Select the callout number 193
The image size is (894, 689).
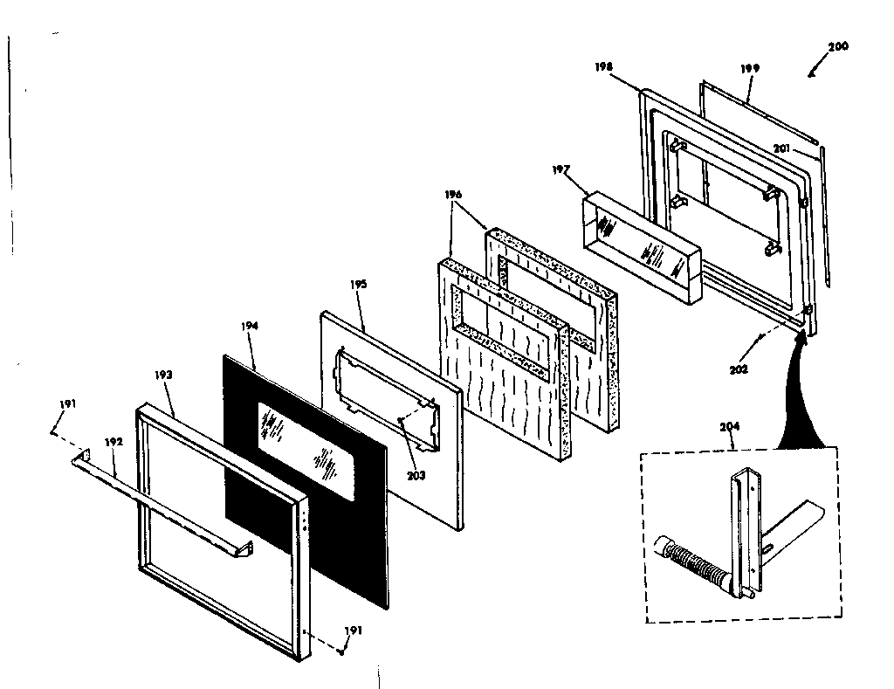[163, 374]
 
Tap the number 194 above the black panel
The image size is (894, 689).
[250, 326]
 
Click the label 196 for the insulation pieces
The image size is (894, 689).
[453, 195]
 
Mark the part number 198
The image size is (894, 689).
[605, 65]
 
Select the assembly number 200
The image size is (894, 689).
[837, 46]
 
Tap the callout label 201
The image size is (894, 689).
[781, 148]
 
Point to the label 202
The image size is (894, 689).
[740, 369]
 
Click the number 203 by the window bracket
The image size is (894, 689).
[416, 475]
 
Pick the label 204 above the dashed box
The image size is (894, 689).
[731, 427]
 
